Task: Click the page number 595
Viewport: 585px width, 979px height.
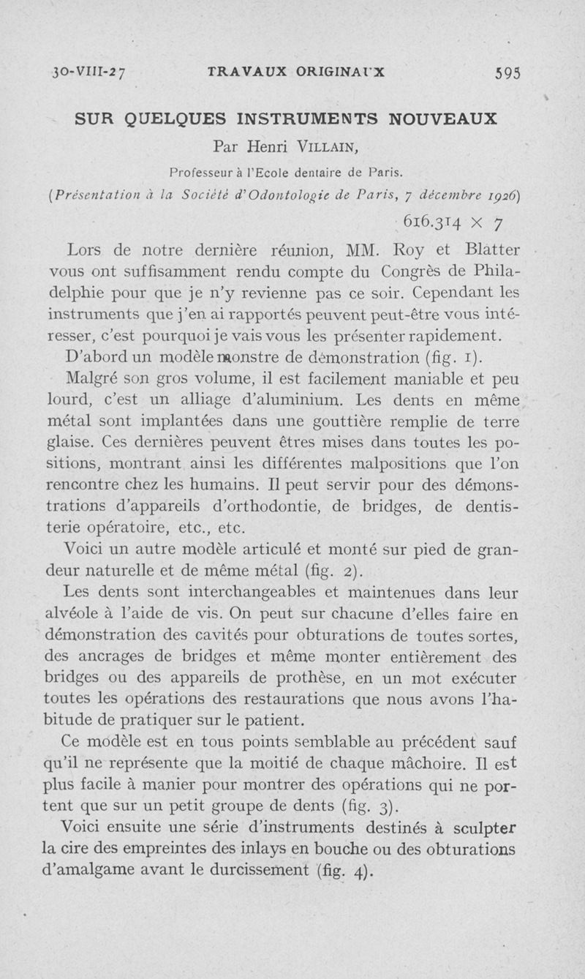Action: click(x=507, y=72)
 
